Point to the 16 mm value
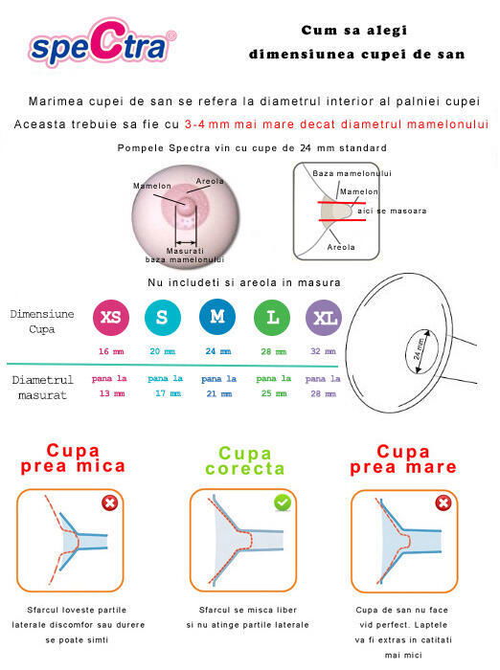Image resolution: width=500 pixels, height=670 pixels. (x=110, y=351)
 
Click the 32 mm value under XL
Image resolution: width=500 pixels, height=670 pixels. (x=323, y=351)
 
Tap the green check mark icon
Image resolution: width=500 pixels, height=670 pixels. (x=283, y=502)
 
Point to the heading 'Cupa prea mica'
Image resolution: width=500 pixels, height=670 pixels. (x=73, y=458)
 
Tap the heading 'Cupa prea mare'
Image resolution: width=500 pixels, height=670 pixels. (x=402, y=458)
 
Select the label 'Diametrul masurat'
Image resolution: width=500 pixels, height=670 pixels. (x=42, y=388)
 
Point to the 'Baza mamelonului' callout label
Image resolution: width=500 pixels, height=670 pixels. (x=352, y=172)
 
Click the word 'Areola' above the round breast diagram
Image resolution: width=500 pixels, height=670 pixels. (x=210, y=181)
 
